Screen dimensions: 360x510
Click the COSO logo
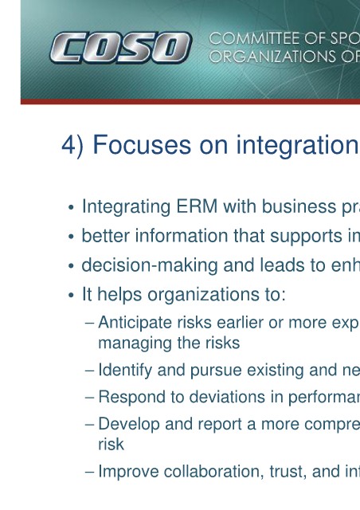tap(120, 48)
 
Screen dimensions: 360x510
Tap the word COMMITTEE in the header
tap(254, 39)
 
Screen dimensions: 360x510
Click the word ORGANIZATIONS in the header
tap(272, 57)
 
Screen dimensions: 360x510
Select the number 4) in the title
tap(72, 146)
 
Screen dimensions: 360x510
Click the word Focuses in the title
tap(142, 145)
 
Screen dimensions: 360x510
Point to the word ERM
tap(197, 206)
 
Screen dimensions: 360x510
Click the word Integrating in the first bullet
tap(126, 207)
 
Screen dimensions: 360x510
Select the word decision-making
tap(150, 265)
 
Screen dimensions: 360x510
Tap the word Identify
tap(125, 371)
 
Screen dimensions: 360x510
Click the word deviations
tap(227, 397)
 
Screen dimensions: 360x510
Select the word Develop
tap(129, 425)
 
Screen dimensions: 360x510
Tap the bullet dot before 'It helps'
tap(71, 296)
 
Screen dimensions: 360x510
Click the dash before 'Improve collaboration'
tap(89, 472)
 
